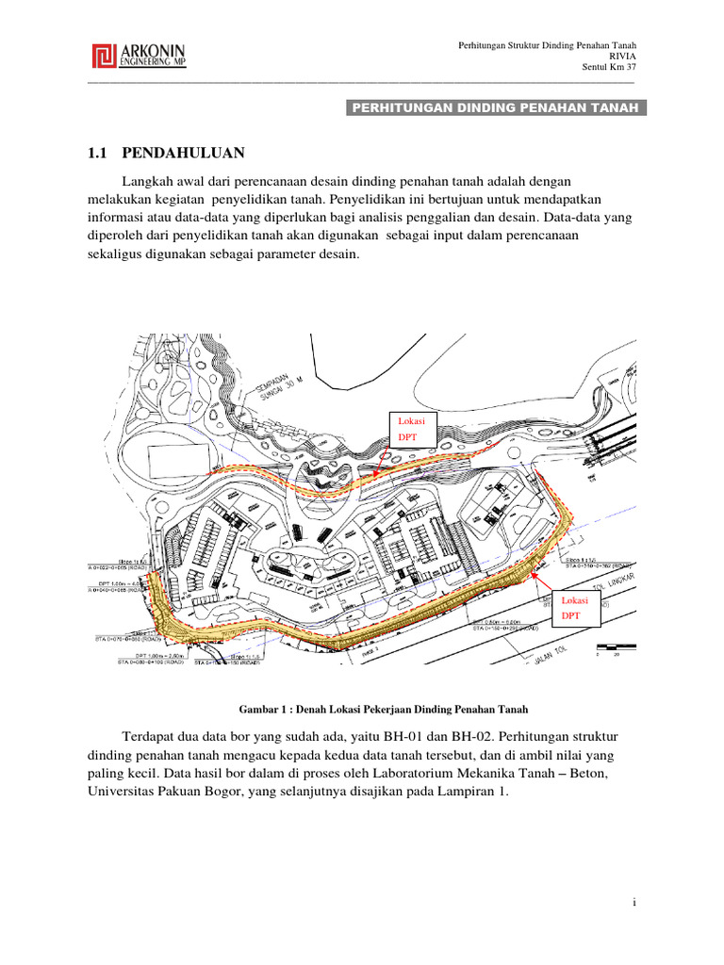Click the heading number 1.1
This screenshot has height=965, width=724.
coord(99,153)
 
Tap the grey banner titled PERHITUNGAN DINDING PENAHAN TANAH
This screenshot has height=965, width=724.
coord(496,107)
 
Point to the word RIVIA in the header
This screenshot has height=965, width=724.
coord(624,56)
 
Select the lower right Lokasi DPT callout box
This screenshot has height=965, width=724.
coord(573,608)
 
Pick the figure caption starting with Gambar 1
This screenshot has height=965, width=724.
coord(381,708)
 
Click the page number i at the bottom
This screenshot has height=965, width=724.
coord(635,903)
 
